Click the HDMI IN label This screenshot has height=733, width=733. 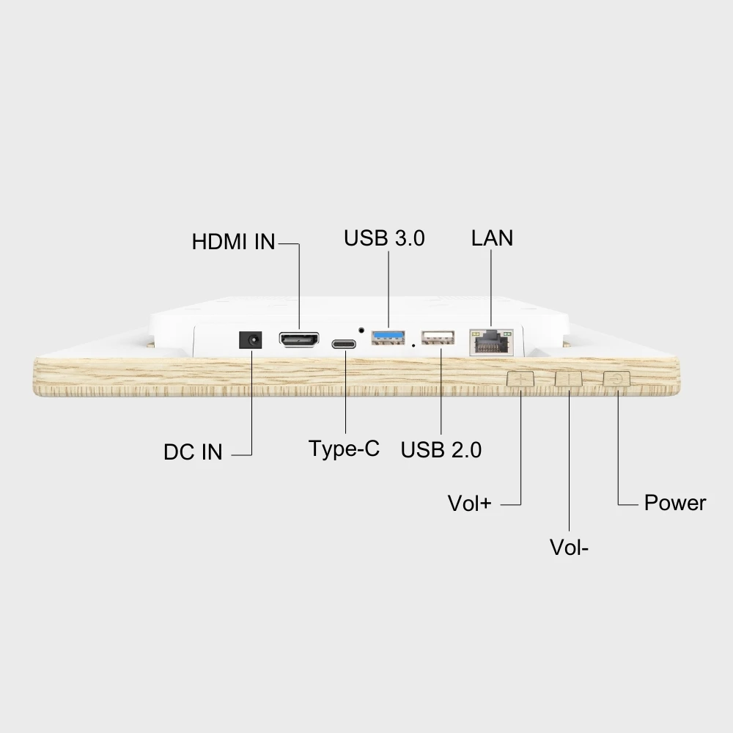pyautogui.click(x=233, y=242)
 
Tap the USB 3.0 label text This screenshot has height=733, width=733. pyautogui.click(x=384, y=238)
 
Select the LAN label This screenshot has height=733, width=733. pyautogui.click(x=492, y=238)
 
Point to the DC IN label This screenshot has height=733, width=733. pyautogui.click(x=193, y=452)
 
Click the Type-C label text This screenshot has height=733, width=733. pyautogui.click(x=344, y=449)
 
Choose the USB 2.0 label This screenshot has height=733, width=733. pyautogui.click(x=441, y=450)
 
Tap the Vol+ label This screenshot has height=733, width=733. pyautogui.click(x=469, y=504)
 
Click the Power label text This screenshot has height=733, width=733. pyautogui.click(x=674, y=503)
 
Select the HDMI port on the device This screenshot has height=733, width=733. pyautogui.click(x=298, y=341)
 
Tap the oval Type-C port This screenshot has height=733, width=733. pyautogui.click(x=345, y=343)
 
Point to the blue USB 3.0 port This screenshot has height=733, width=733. pyautogui.click(x=388, y=338)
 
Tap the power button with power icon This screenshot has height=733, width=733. pyautogui.click(x=616, y=379)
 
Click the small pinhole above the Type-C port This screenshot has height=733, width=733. pyautogui.click(x=361, y=329)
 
